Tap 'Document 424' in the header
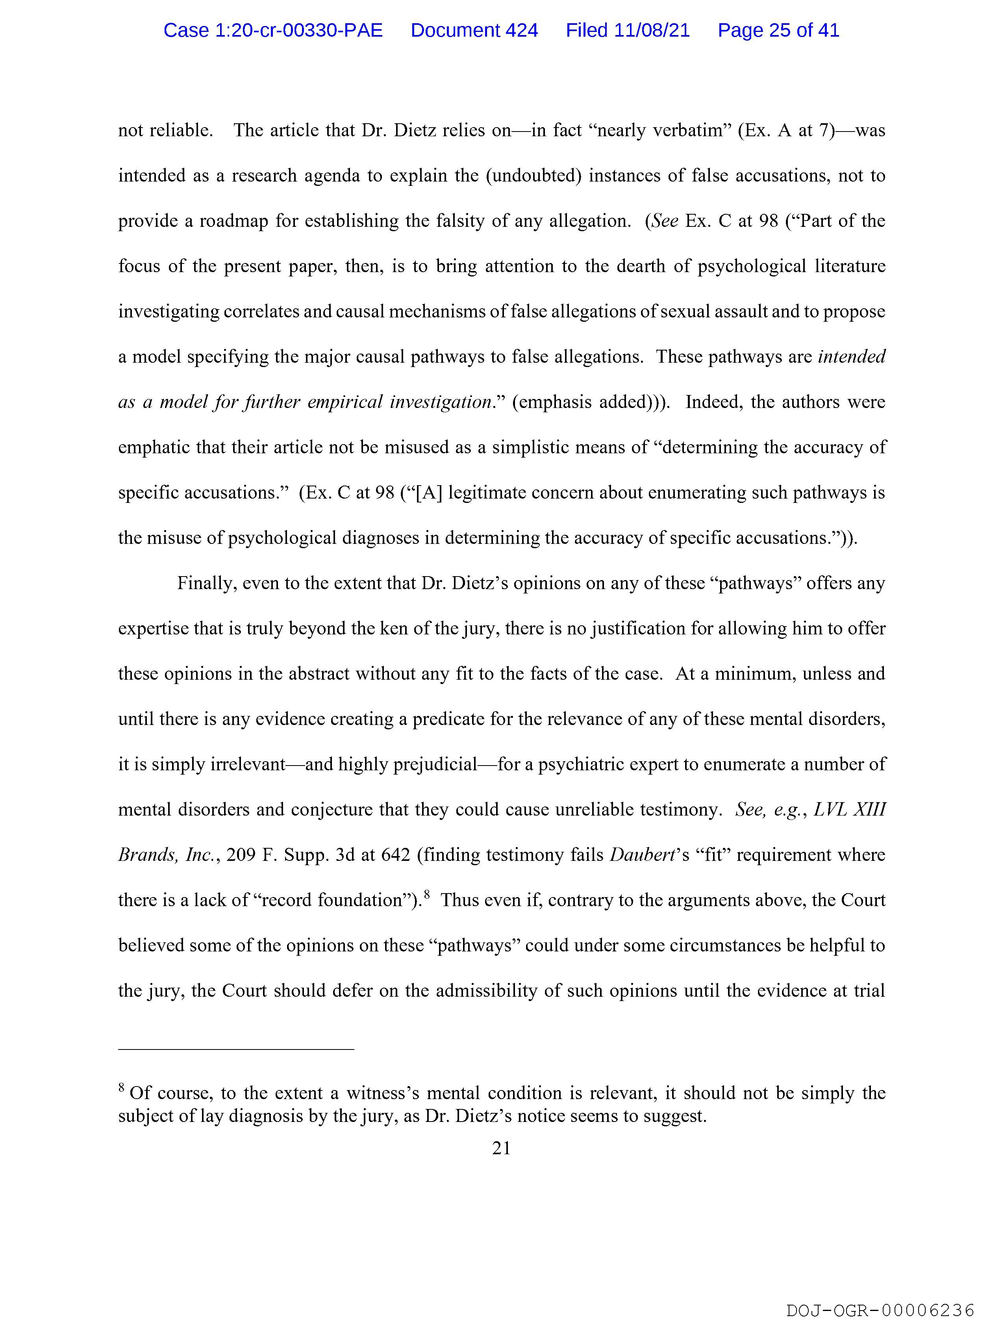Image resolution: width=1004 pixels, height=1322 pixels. click(474, 30)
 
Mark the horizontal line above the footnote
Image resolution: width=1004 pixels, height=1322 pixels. click(236, 1049)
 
